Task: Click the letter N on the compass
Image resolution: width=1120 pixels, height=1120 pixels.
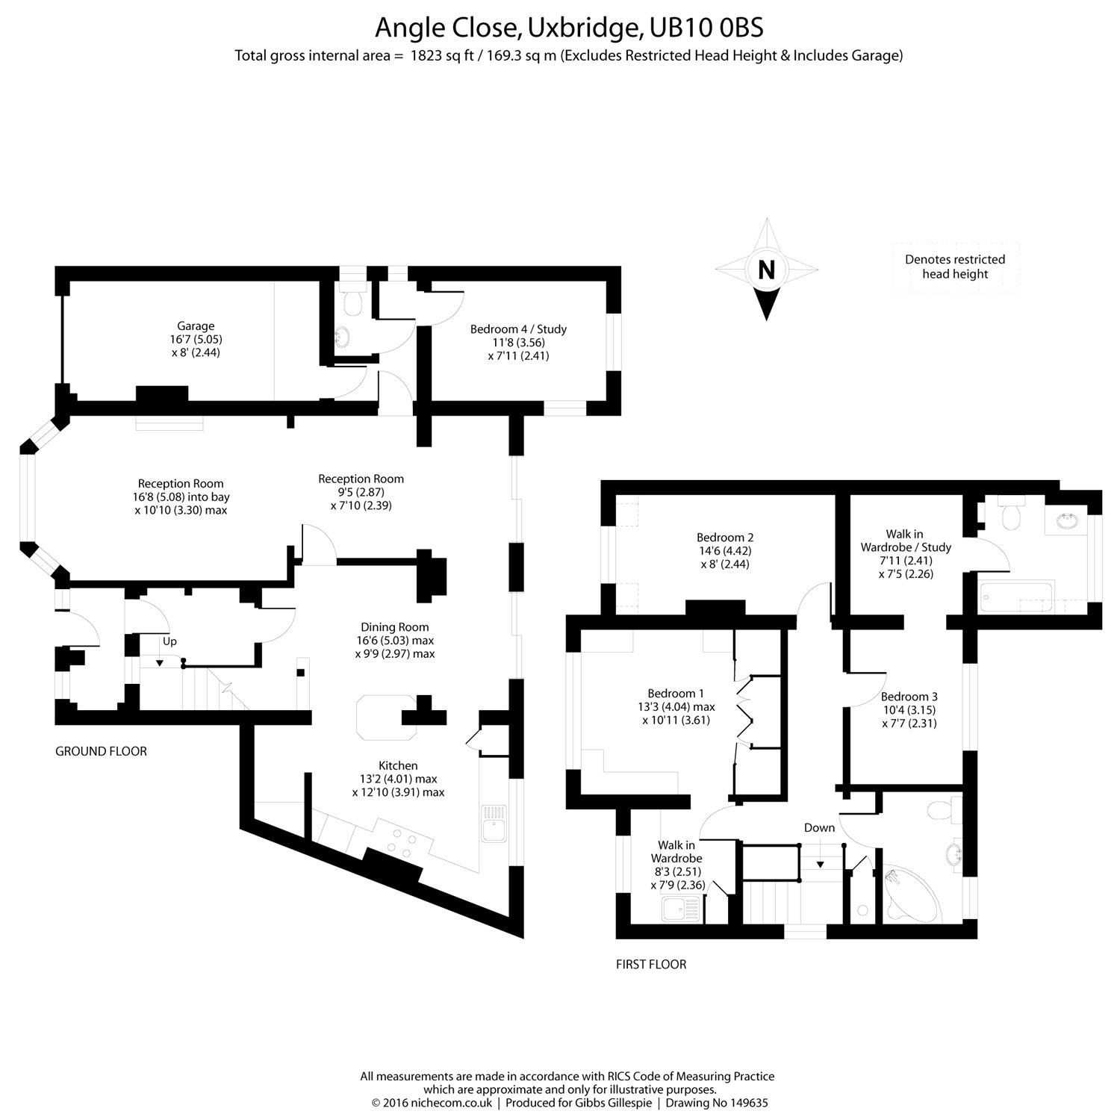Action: (766, 270)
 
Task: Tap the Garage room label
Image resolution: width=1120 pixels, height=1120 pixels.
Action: (196, 326)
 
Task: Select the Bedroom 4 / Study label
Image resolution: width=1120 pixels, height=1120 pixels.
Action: (518, 329)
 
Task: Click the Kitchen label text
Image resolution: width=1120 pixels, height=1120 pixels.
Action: (398, 765)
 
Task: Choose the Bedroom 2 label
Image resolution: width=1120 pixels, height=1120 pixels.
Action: (725, 538)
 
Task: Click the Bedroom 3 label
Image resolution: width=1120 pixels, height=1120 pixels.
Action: (909, 697)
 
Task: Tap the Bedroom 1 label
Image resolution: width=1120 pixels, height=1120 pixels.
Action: (676, 694)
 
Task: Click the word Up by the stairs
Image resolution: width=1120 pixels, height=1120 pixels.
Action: (169, 641)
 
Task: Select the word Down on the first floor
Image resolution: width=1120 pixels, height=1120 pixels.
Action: (819, 827)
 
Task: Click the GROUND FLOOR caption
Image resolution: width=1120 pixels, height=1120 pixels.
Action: (101, 751)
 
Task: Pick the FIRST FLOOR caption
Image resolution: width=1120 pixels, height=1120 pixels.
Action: (651, 964)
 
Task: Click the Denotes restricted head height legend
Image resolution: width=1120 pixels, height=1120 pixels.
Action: (955, 267)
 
